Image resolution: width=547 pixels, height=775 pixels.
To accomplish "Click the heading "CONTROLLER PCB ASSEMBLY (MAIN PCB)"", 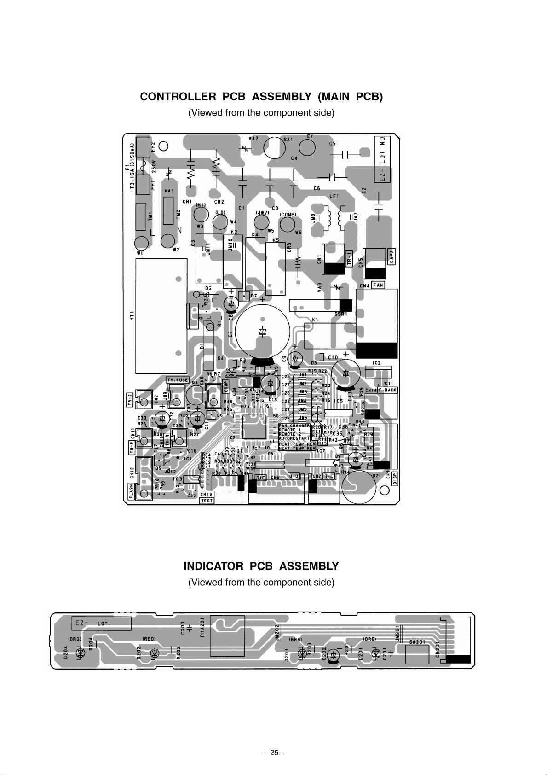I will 261,97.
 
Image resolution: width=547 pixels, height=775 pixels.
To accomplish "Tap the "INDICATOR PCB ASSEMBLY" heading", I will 261,566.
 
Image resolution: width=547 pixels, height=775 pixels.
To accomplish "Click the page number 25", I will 274,753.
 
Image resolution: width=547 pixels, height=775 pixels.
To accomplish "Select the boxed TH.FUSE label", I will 178,380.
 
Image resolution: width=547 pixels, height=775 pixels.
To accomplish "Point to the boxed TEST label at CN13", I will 207,501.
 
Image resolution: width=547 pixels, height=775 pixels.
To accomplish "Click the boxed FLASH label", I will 131,491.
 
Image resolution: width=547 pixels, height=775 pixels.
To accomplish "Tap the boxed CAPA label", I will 392,256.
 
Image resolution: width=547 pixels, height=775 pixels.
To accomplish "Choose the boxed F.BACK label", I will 387,390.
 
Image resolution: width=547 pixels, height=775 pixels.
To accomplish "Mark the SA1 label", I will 288,139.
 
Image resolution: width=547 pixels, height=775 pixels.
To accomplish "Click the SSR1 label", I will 341,314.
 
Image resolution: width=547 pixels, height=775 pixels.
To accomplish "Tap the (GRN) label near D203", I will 295,640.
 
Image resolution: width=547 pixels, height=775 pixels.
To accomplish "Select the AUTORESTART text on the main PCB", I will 294,438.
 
